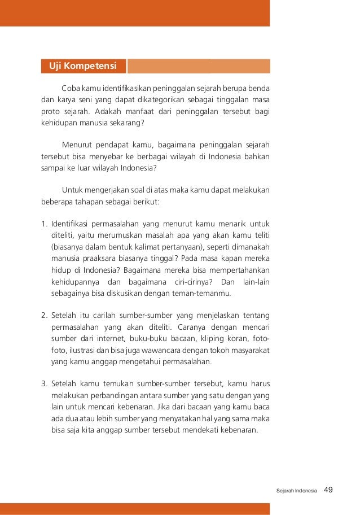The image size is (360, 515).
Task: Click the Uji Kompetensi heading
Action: (x=83, y=66)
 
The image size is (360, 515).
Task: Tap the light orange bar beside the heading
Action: (x=199, y=66)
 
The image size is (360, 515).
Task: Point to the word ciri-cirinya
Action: (x=191, y=281)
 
